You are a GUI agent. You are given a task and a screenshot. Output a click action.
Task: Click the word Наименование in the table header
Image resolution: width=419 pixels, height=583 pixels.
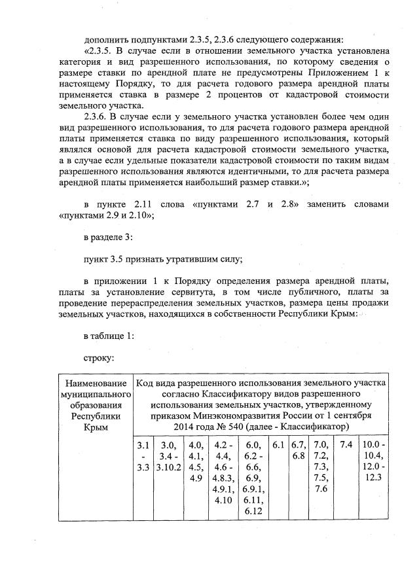pyautogui.click(x=95, y=382)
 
